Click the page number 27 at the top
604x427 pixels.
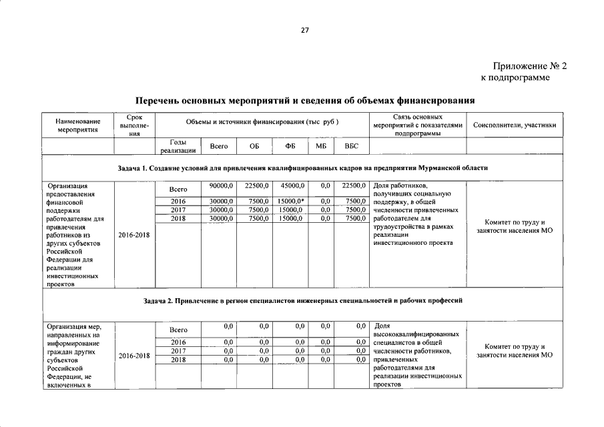(304, 30)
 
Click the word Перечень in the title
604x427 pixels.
(160, 101)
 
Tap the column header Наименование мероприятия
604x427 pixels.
(77, 125)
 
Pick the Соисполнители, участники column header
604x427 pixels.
(514, 125)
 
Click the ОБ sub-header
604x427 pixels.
(254, 146)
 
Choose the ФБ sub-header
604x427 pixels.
(290, 146)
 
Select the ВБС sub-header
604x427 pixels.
(351, 146)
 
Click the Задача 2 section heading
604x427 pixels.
(302, 301)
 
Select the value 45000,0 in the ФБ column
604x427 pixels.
(292, 185)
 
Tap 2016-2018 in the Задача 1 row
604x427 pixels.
(134, 236)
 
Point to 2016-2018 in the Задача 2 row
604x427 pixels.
(134, 356)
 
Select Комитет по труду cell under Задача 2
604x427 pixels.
(514, 351)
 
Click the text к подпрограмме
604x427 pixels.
(515, 79)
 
